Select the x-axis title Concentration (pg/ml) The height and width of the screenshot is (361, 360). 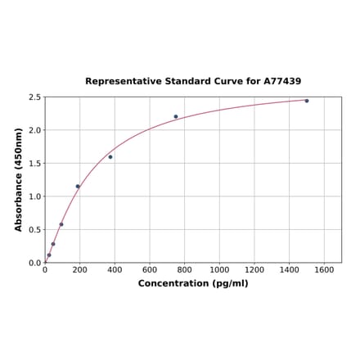click(193, 283)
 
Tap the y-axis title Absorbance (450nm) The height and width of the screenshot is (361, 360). click(18, 179)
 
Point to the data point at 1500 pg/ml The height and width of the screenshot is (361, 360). click(307, 101)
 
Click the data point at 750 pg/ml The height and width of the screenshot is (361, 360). click(176, 116)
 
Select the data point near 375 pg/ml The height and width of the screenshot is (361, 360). click(110, 156)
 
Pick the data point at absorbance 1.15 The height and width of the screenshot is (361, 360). click(78, 186)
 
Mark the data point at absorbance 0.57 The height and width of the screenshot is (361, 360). click(61, 224)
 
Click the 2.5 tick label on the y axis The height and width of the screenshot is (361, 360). click(35, 97)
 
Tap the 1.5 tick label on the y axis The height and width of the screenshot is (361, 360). click(35, 164)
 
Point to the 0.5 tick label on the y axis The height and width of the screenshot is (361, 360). click(35, 230)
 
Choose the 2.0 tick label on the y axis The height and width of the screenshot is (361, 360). click(35, 130)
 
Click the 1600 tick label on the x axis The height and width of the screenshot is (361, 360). click(324, 270)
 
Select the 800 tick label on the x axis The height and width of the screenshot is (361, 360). click(185, 270)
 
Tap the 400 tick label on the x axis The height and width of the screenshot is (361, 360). click(115, 270)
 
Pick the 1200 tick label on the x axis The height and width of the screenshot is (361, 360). click(254, 270)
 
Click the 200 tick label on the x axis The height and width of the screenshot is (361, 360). click(80, 270)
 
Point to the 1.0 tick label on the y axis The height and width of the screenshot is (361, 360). click(35, 196)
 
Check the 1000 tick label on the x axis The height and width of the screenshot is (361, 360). click(219, 270)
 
